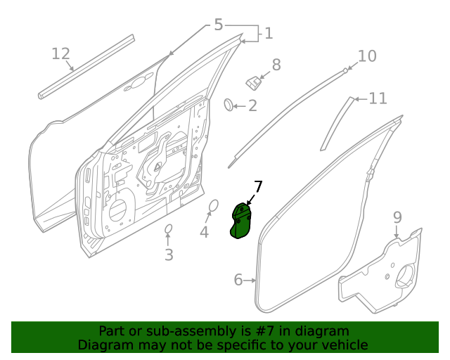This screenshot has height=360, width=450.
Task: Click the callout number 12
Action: (x=61, y=53)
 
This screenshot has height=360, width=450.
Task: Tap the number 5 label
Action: (x=218, y=25)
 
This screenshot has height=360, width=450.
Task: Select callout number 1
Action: (x=268, y=33)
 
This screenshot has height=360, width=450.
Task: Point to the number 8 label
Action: (x=276, y=65)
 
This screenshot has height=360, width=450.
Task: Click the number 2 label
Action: (x=252, y=106)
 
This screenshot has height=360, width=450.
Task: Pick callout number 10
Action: (x=367, y=56)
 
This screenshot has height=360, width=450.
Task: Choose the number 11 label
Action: (x=378, y=98)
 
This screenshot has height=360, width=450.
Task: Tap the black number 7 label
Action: (x=258, y=186)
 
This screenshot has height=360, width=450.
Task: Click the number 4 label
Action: (x=204, y=231)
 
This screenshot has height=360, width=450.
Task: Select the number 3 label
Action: (x=169, y=255)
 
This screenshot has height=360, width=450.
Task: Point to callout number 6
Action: (x=238, y=281)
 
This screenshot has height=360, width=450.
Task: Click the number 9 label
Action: (x=397, y=217)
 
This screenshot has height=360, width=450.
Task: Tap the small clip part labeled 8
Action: (x=252, y=82)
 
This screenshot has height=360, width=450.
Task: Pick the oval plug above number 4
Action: (x=214, y=205)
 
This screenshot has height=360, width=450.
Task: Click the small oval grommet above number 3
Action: (x=169, y=229)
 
